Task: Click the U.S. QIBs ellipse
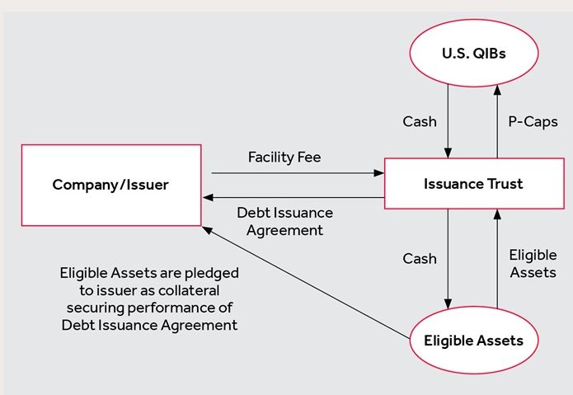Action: point(473,53)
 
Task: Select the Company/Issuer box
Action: point(111,186)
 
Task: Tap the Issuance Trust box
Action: point(474,183)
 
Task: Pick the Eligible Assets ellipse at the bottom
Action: point(473,341)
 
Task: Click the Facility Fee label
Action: point(284,158)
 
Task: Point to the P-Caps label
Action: point(533,122)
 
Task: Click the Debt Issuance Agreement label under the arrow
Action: point(284,222)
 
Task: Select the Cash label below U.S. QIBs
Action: point(420,121)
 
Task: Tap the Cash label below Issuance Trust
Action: point(420,258)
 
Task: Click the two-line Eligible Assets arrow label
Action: point(533,263)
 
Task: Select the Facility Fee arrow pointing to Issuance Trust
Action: point(298,173)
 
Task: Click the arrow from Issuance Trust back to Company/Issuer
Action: point(294,198)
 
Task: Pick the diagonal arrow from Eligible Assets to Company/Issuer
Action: point(306,283)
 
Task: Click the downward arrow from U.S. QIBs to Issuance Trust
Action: point(448,121)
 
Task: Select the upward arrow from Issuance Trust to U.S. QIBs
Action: point(497,121)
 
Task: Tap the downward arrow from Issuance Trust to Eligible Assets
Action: point(448,259)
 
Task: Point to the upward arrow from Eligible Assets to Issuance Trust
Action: point(497,259)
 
